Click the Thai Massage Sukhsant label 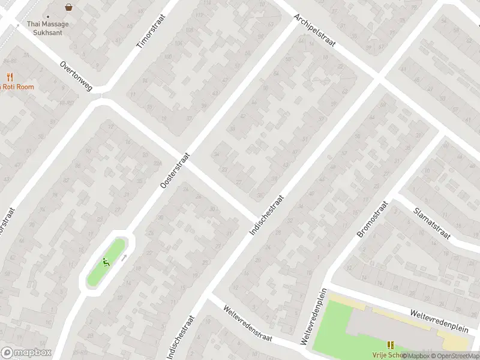tap(48, 28)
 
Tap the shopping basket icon tap(69, 8)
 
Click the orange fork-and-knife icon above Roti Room tap(10, 77)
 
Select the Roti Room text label tap(18, 87)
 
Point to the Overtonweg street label tap(76, 76)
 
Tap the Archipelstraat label tap(314, 33)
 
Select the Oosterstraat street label tap(175, 169)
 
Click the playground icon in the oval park tap(106, 262)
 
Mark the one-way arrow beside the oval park tap(124, 257)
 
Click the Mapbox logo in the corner tap(26, 353)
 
